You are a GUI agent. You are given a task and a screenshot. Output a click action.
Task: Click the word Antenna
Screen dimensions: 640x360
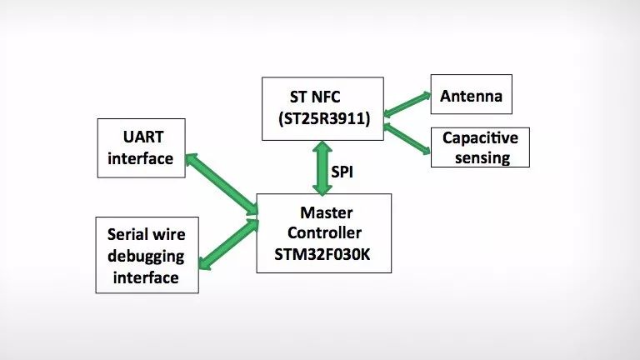coord(471,96)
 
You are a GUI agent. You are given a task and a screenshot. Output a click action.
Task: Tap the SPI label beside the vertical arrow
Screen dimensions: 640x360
coord(342,172)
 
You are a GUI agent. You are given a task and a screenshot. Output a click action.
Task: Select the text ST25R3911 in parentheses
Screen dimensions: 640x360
coord(324,118)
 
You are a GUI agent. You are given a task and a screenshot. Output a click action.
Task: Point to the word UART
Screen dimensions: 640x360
coord(143,137)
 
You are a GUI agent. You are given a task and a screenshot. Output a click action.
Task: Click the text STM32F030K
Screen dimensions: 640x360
coord(322,254)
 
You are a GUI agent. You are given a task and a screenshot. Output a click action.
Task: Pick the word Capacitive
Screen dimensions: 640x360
coord(480,138)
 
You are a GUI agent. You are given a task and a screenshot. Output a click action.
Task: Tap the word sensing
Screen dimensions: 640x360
coord(482,158)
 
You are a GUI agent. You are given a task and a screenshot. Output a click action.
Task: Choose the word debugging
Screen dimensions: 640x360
coord(146,257)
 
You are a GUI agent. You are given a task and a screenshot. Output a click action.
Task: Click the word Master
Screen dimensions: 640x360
coord(327,212)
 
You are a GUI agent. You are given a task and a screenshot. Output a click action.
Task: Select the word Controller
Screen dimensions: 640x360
coord(324,232)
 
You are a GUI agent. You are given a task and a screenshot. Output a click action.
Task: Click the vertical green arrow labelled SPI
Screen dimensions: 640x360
coord(322,167)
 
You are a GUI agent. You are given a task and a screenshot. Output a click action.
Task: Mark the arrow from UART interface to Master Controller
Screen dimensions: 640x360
coord(222,184)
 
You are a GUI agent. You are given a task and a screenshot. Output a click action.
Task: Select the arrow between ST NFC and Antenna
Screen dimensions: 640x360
coord(407,104)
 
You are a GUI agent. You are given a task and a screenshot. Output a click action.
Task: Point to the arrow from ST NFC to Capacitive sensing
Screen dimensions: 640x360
coord(407,139)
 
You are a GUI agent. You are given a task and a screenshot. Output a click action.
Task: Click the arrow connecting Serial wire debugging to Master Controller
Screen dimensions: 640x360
coord(228,244)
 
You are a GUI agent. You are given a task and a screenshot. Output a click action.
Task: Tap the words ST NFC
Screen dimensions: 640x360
coord(315,97)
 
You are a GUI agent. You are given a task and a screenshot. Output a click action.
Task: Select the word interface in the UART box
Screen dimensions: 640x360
coord(140,158)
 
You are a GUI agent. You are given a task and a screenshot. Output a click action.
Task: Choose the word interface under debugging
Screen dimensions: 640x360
coord(146,277)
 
